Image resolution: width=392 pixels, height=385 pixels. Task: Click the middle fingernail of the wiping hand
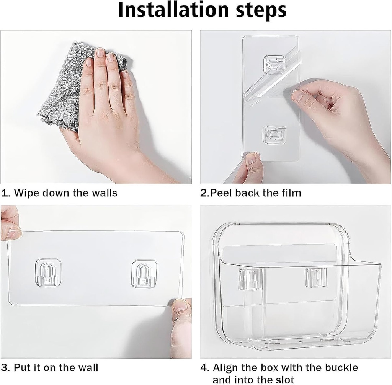[x=100, y=53]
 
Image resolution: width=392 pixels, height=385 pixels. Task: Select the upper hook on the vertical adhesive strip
[x=274, y=64]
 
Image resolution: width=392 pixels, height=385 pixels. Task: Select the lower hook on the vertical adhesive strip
[x=274, y=134]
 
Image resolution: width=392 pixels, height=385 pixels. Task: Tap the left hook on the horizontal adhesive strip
[x=48, y=273]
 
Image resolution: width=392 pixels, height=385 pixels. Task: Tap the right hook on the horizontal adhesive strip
[x=144, y=274]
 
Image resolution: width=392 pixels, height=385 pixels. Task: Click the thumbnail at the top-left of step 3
[x=13, y=233]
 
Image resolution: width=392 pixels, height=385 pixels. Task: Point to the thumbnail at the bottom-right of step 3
[x=180, y=306]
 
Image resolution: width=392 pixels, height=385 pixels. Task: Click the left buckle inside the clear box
[x=251, y=279]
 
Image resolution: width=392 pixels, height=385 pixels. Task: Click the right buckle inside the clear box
[x=316, y=277]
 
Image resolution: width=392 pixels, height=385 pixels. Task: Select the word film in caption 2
[x=292, y=192]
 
